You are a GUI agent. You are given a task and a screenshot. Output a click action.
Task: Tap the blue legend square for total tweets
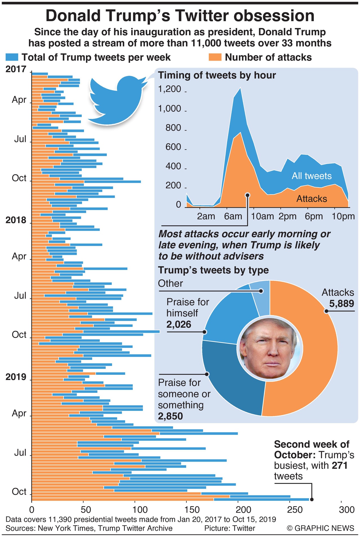(x=12, y=57)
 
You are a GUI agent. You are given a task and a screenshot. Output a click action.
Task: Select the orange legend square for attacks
(x=215, y=57)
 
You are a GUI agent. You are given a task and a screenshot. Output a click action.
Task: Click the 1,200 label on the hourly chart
(x=170, y=89)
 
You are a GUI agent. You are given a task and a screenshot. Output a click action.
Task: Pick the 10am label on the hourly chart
(x=262, y=216)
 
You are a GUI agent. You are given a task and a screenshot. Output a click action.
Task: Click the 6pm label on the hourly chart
(x=314, y=216)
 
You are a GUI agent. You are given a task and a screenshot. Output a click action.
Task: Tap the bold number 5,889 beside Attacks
(x=341, y=304)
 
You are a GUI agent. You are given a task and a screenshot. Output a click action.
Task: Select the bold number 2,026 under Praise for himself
(x=179, y=324)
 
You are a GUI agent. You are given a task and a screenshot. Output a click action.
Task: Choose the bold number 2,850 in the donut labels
(x=170, y=416)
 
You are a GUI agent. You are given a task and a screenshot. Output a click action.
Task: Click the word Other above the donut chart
(x=170, y=283)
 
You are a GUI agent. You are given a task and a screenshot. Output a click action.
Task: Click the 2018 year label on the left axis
(x=16, y=220)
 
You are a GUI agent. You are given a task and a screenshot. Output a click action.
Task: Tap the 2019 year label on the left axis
(x=16, y=377)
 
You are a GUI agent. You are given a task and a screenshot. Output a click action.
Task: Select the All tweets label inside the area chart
(x=312, y=176)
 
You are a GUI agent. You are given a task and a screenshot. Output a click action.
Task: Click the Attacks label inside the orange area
(x=312, y=199)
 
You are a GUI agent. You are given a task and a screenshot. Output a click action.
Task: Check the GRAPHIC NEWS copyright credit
(x=320, y=528)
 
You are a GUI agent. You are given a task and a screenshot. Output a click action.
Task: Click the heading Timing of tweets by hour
(x=217, y=75)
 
